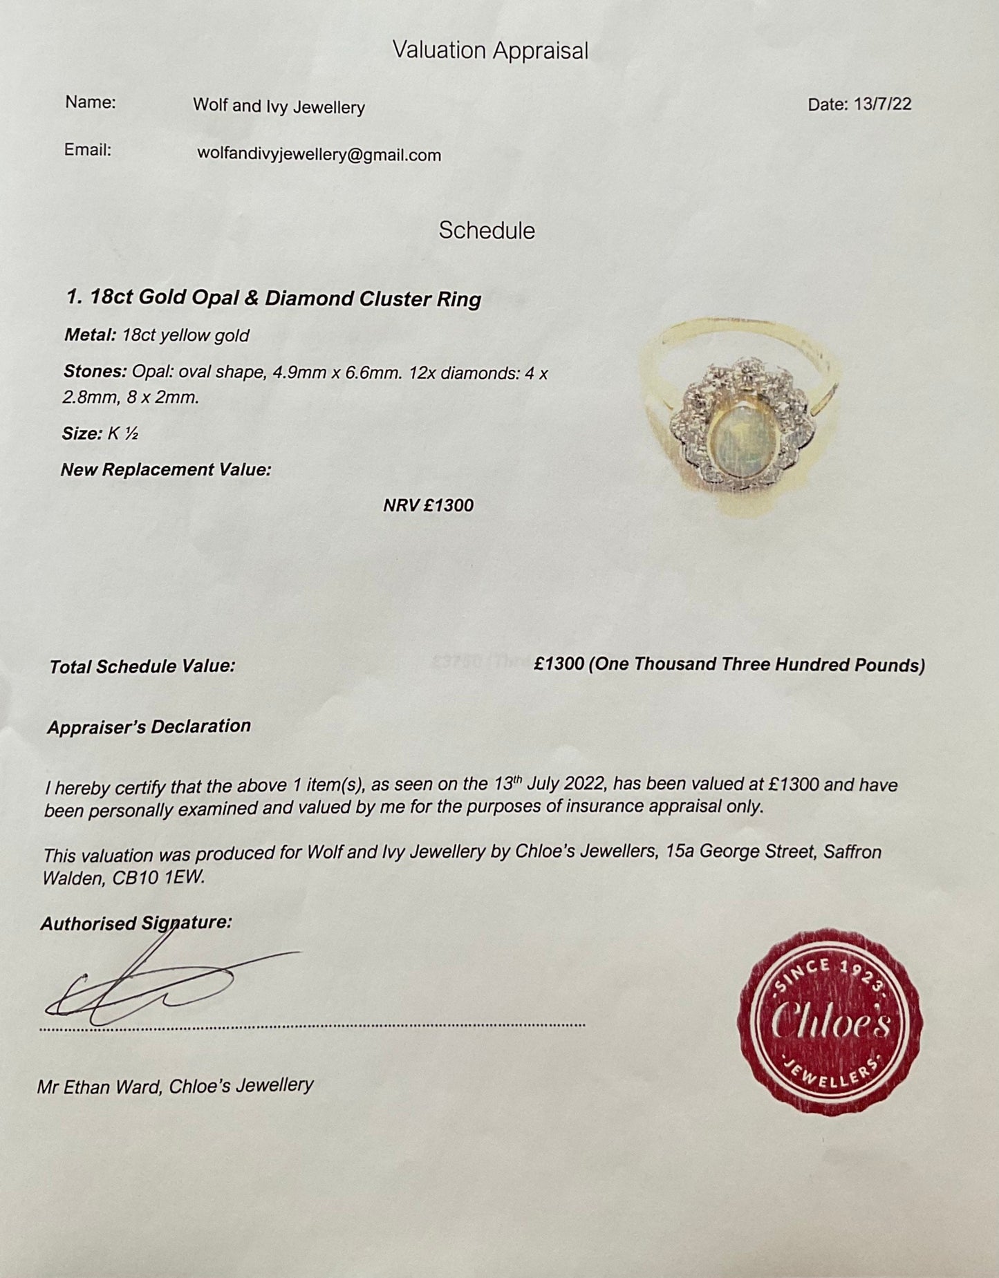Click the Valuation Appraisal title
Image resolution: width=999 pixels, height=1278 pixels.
[x=490, y=50]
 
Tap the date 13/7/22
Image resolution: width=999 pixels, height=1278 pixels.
[x=882, y=104]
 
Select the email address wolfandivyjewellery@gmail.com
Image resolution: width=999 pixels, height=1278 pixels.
[x=319, y=155]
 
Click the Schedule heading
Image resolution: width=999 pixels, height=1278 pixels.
[x=487, y=231]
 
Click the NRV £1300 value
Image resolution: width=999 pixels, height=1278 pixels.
[x=429, y=505]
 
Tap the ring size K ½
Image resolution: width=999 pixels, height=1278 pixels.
[x=123, y=433]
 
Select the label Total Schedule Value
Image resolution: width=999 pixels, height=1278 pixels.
[x=142, y=666]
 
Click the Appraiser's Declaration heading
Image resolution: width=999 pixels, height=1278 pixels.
[x=149, y=726]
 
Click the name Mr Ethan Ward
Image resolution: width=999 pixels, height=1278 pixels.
[x=99, y=1087]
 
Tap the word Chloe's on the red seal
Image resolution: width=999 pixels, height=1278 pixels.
[x=830, y=1021]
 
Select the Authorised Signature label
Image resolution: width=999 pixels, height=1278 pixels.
[x=136, y=923]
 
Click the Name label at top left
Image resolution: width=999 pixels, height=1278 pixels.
[x=91, y=103]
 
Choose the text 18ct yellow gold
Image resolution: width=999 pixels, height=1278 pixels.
[x=185, y=336]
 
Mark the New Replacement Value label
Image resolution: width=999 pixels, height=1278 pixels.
[x=166, y=470]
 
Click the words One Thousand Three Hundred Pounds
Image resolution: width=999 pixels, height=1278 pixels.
[x=756, y=665]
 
